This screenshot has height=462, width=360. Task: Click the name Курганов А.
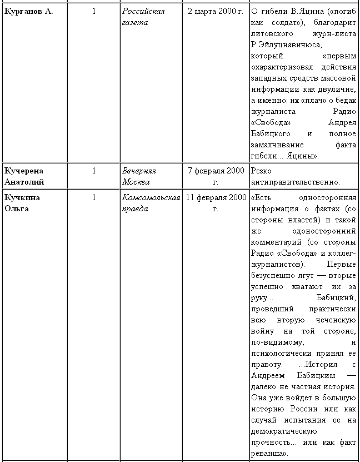click(29, 12)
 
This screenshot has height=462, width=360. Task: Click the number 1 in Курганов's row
click(94, 12)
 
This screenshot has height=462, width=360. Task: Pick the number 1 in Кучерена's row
click(94, 171)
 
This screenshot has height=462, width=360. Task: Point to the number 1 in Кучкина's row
click(94, 197)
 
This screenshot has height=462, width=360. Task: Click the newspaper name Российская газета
click(143, 17)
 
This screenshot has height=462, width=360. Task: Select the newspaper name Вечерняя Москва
click(139, 176)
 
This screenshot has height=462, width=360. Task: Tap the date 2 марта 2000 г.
click(215, 12)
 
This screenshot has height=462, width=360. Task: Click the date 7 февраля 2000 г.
click(216, 176)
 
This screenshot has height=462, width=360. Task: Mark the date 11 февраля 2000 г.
click(216, 203)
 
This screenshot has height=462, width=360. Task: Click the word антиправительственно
click(294, 182)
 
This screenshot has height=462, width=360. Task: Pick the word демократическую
click(283, 431)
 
